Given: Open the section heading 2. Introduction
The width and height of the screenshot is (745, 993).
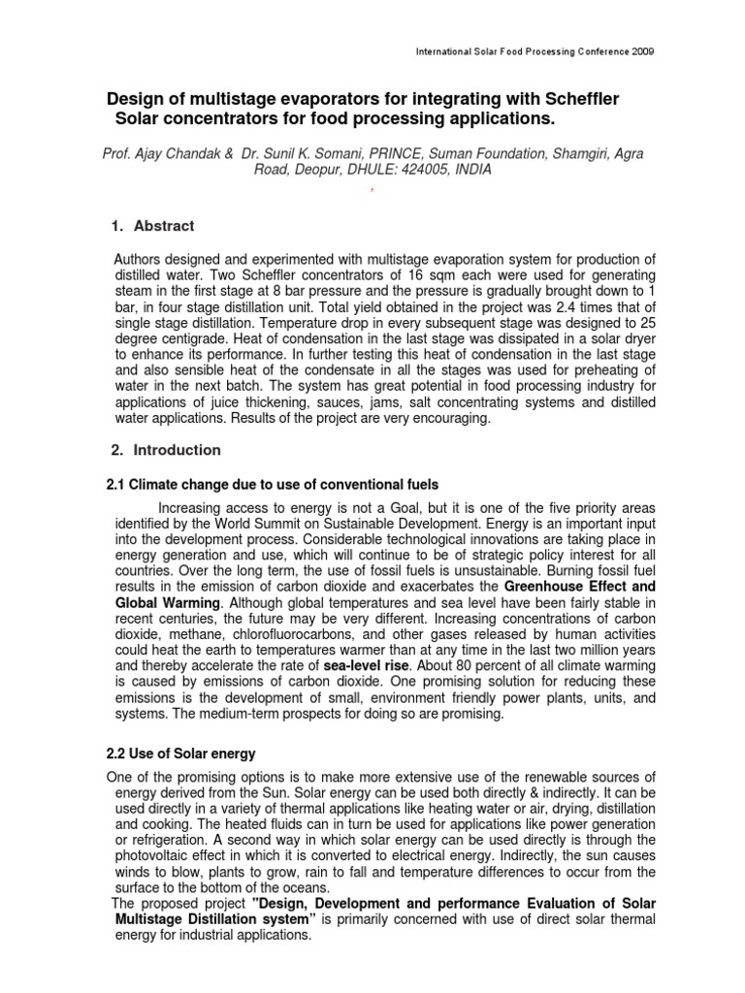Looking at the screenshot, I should pyautogui.click(x=165, y=450).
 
